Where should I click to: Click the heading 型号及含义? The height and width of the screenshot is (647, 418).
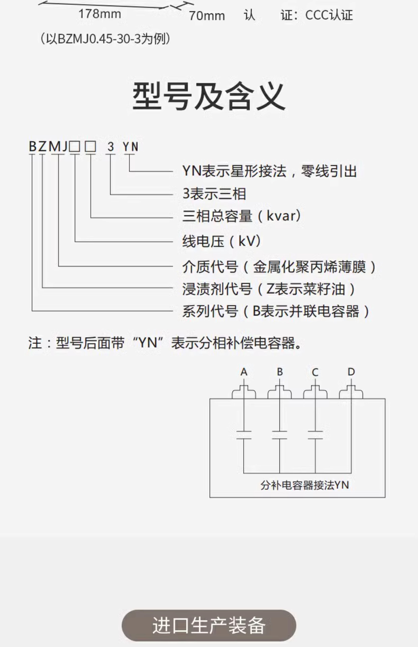tap(209, 97)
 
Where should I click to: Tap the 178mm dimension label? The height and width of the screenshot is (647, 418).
tap(100, 14)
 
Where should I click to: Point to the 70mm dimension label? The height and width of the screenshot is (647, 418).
tap(207, 16)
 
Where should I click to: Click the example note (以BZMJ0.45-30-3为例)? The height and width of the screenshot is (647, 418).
tap(105, 39)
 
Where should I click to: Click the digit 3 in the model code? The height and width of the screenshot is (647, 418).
tap(110, 147)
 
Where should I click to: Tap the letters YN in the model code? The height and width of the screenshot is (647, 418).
tap(130, 147)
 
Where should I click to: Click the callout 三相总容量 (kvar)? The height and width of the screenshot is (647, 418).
tap(242, 216)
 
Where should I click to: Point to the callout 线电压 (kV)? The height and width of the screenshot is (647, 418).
tap(221, 241)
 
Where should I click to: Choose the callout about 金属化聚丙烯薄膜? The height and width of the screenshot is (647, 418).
tap(279, 267)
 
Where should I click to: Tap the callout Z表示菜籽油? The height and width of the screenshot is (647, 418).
tap(269, 289)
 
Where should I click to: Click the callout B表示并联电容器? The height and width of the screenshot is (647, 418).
tap(276, 311)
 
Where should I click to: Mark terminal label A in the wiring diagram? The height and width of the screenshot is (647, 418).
tap(244, 372)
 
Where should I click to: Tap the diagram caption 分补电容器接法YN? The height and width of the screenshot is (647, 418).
tap(305, 485)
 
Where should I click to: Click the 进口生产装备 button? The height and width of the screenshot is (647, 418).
tap(209, 625)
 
